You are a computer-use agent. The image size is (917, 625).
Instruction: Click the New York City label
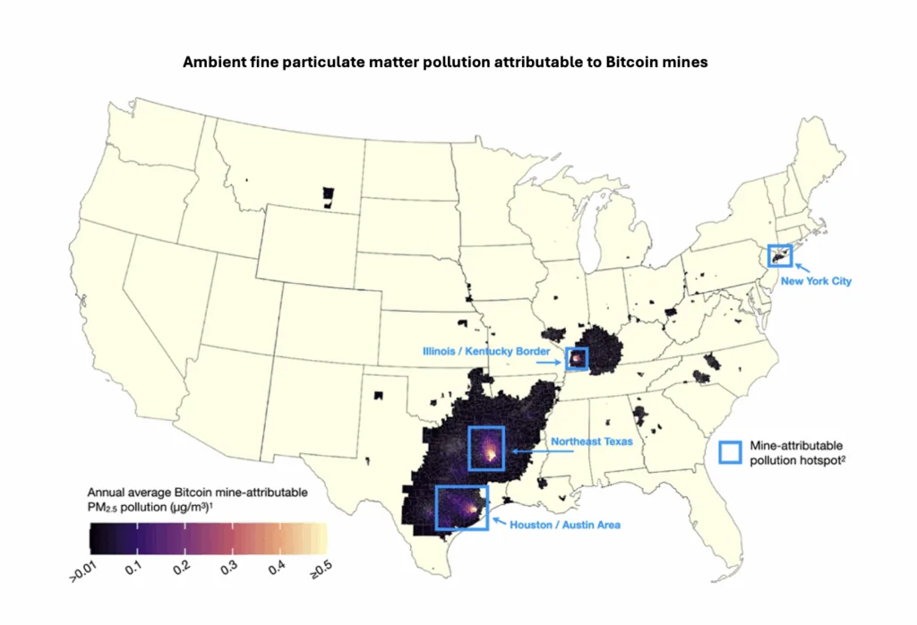click(816, 281)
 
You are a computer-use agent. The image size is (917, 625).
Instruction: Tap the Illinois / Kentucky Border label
click(486, 351)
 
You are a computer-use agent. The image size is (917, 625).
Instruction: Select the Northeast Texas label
click(591, 441)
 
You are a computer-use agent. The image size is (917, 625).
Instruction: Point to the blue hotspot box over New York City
click(779, 255)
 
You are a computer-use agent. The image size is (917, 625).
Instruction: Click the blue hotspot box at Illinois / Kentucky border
click(576, 359)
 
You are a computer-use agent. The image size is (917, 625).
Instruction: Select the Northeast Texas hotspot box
click(486, 448)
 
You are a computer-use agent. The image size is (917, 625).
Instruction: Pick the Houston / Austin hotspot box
click(462, 507)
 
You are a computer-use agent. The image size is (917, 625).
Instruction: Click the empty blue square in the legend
click(732, 451)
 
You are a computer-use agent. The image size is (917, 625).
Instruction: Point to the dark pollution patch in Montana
click(328, 195)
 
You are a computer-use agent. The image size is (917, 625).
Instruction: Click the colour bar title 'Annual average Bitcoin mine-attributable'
click(198, 492)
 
